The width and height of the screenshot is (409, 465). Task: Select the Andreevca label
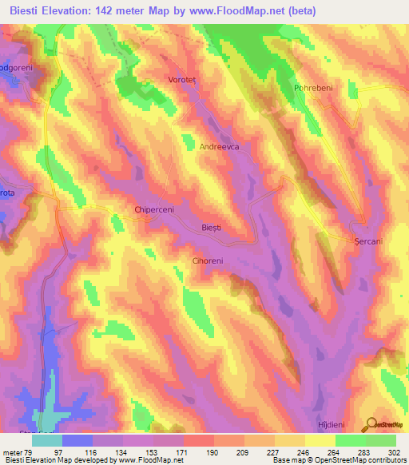point(220,147)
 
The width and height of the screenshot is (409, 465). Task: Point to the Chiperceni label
point(155,211)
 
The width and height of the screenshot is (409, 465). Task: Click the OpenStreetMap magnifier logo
point(371,424)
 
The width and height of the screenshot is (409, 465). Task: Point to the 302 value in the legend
point(395,452)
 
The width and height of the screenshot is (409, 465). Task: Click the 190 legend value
point(199,452)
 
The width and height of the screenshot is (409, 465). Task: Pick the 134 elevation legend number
point(108,452)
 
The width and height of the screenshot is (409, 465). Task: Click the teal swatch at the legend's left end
point(47,440)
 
